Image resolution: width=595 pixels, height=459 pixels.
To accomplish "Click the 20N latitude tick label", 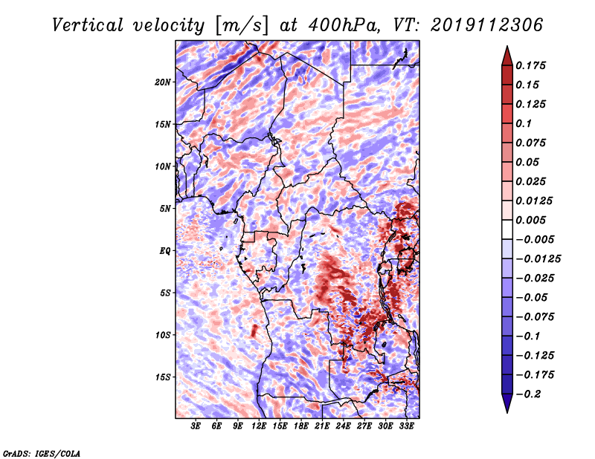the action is pyautogui.click(x=163, y=82).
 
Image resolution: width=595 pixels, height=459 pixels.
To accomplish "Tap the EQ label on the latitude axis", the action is pyautogui.click(x=165, y=251).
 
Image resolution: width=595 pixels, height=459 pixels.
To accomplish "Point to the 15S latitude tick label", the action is pyautogui.click(x=163, y=377).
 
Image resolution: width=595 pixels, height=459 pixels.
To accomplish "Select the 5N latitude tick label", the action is pyautogui.click(x=165, y=209).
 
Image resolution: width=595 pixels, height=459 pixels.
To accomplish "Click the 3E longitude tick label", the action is pyautogui.click(x=196, y=426).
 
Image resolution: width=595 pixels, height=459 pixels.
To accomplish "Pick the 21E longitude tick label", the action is pyautogui.click(x=322, y=426).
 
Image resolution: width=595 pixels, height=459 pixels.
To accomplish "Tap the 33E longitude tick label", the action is pyautogui.click(x=406, y=426).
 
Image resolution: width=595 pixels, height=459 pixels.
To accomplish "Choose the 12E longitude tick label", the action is pyautogui.click(x=259, y=426).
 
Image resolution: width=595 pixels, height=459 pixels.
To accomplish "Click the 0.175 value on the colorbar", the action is pyautogui.click(x=530, y=65).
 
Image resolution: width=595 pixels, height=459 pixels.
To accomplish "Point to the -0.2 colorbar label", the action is pyautogui.click(x=528, y=394).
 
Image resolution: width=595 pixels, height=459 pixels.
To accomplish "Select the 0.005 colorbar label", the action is pyautogui.click(x=530, y=220).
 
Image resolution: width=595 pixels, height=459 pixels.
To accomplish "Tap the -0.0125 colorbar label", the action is pyautogui.click(x=538, y=259).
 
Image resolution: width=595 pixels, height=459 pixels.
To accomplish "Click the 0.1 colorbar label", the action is pyautogui.click(x=524, y=123).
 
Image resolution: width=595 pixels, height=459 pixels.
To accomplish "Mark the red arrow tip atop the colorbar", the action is pyautogui.click(x=507, y=46).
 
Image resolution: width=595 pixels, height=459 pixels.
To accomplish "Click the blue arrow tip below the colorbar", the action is pyautogui.click(x=507, y=412).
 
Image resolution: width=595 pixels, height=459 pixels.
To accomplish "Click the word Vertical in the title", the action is pyautogui.click(x=87, y=25).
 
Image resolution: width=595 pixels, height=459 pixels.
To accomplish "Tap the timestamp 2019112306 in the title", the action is pyautogui.click(x=486, y=25).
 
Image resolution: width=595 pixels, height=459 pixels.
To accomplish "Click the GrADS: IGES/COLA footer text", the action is pyautogui.click(x=42, y=453).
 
